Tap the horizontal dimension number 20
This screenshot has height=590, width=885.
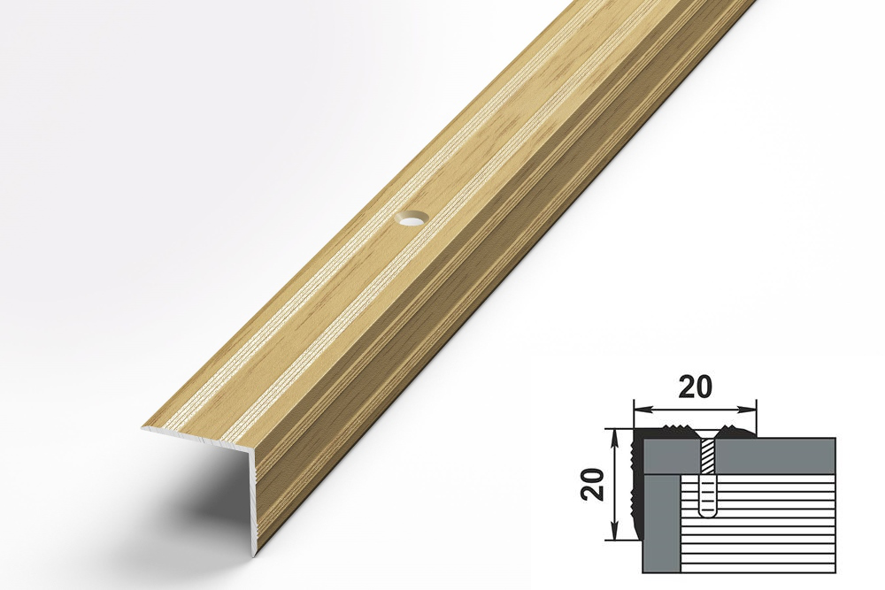(x=696, y=387)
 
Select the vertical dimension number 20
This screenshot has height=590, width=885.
(x=594, y=484)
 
